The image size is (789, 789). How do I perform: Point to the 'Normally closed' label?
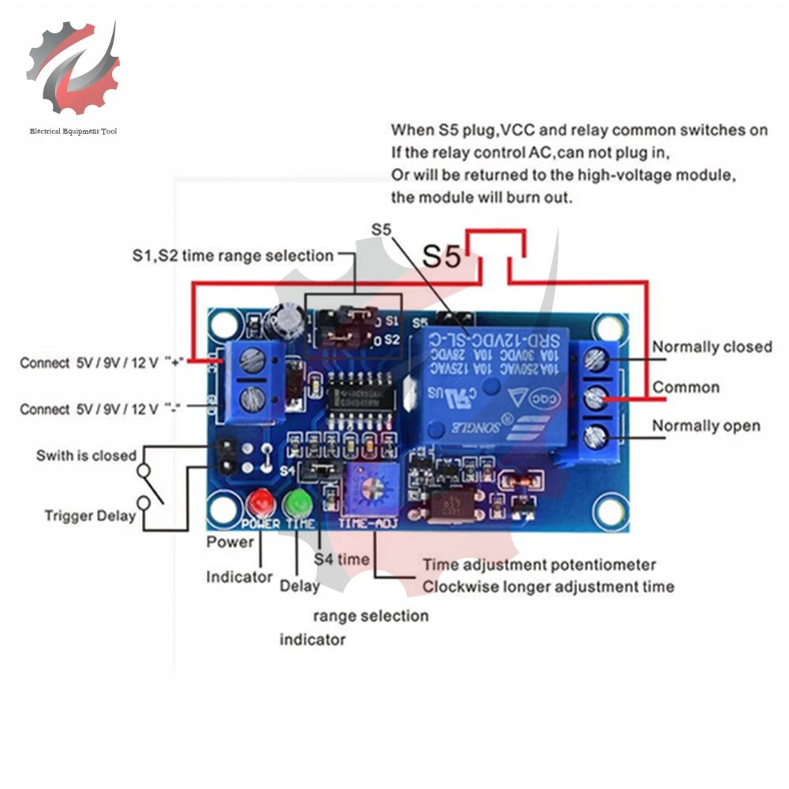[x=712, y=347]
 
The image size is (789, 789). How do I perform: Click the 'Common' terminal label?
[x=686, y=387]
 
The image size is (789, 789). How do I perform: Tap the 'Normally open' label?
[x=705, y=426]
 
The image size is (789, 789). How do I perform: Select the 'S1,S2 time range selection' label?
[x=233, y=256]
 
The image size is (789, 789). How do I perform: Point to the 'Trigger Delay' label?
[x=90, y=516]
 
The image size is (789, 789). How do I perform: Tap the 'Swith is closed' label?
[x=86, y=456]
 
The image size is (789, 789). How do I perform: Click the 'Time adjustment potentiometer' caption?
[x=539, y=565]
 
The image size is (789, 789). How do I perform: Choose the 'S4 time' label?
[x=341, y=559]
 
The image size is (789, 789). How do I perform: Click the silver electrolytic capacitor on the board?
[x=285, y=317]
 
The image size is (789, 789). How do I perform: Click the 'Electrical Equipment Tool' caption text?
[x=73, y=131]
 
